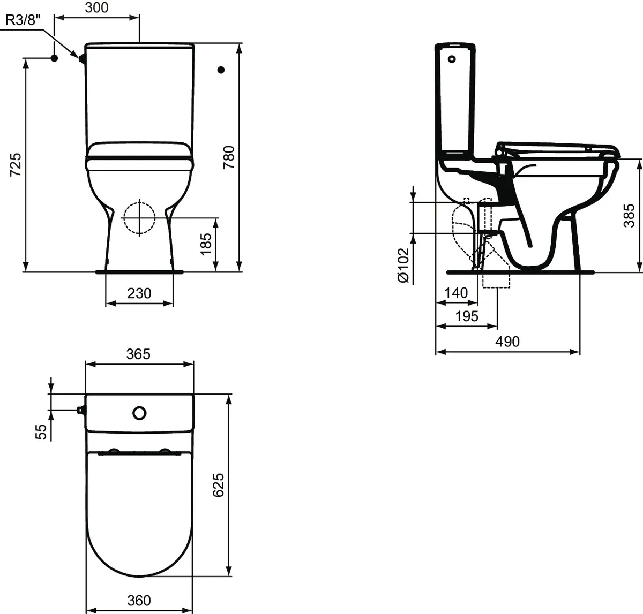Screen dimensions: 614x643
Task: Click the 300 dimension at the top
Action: (97, 7)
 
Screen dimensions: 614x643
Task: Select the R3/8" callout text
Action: (24, 20)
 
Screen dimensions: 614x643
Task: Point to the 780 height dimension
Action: (229, 157)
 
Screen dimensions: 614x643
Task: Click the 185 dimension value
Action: (206, 244)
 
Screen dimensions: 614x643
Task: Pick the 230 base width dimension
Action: (139, 293)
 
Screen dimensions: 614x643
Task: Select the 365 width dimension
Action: (138, 354)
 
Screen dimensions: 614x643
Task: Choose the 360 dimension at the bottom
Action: (139, 601)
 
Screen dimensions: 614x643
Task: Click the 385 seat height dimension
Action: (629, 215)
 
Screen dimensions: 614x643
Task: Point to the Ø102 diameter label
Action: (403, 264)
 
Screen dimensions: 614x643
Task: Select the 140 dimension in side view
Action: (456, 293)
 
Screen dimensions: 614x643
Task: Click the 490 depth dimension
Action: (507, 341)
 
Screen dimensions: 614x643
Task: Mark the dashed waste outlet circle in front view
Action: (139, 218)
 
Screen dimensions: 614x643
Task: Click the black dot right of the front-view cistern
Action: (221, 70)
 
